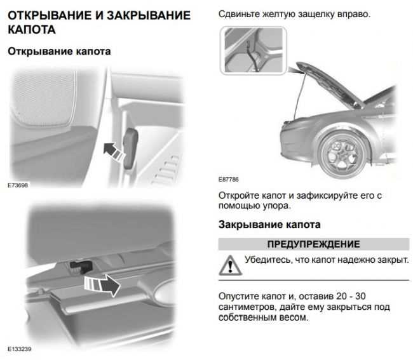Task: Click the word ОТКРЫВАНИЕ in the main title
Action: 50,15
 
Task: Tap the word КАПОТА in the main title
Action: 32,29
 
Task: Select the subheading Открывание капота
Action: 59,51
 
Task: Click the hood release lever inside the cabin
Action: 130,148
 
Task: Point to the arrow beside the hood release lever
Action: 114,152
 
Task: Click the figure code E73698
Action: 18,185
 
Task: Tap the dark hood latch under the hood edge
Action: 81,267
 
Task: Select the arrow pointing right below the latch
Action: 102,285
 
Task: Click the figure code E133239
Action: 20,349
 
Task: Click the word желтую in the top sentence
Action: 278,14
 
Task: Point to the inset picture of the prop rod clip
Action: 253,50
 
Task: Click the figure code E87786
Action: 228,180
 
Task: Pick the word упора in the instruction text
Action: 277,206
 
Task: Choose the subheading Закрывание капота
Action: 269,225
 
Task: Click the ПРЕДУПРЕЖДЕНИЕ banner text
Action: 313,244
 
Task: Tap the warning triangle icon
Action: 230,265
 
